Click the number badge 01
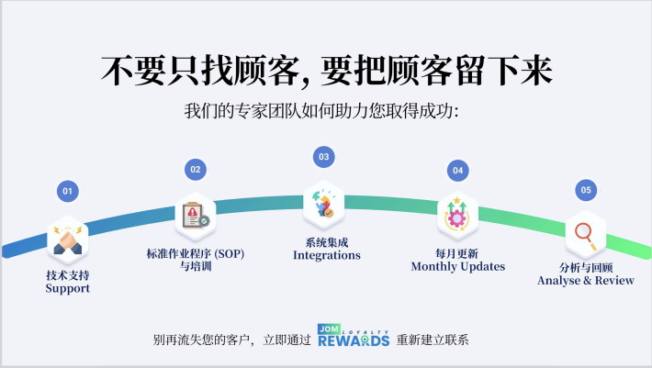tap(66, 191)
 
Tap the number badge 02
tap(195, 169)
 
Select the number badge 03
tap(323, 157)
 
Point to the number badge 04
tap(457, 170)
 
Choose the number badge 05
tap(586, 190)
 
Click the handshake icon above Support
tap(67, 241)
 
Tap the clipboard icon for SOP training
tap(195, 216)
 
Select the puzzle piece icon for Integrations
tap(324, 204)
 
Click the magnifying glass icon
tap(585, 236)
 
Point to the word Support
tap(68, 288)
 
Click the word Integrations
tap(326, 255)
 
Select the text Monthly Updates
tap(457, 266)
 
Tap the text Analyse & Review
tap(586, 280)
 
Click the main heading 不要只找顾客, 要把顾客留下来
tap(326, 72)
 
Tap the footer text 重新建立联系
tap(433, 340)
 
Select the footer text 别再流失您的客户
tap(204, 340)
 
